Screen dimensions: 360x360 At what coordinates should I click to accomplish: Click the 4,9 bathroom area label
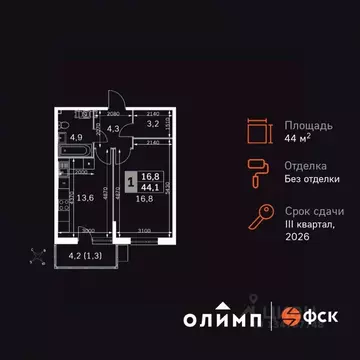click(77, 139)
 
